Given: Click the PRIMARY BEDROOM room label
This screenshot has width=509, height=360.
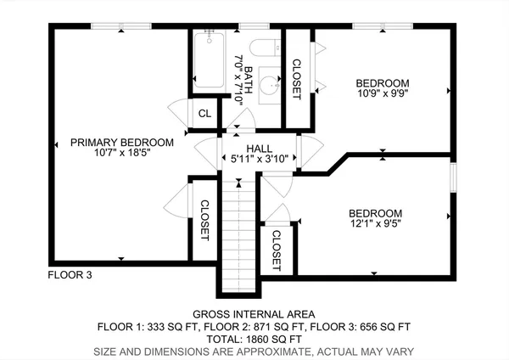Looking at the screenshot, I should pyautogui.click(x=122, y=142).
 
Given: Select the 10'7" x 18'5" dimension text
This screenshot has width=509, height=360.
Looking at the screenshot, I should pyautogui.click(x=122, y=153).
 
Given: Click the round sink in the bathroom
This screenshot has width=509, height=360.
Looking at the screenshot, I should pyautogui.click(x=270, y=86).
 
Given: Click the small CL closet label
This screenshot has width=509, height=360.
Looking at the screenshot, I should pyautogui.click(x=204, y=114).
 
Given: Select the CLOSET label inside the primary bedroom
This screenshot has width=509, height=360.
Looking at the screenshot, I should pyautogui.click(x=204, y=220).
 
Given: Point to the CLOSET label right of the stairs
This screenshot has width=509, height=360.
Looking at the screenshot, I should pyautogui.click(x=277, y=250).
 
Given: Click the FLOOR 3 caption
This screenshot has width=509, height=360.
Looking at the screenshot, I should pyautogui.click(x=70, y=275).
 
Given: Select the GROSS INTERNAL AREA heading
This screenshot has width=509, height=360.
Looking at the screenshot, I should pyautogui.click(x=254, y=313).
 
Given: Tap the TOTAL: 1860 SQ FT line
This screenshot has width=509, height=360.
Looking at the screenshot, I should pyautogui.click(x=254, y=338).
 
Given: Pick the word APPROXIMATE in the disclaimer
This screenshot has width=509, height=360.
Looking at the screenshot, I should pyautogui.click(x=249, y=351).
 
